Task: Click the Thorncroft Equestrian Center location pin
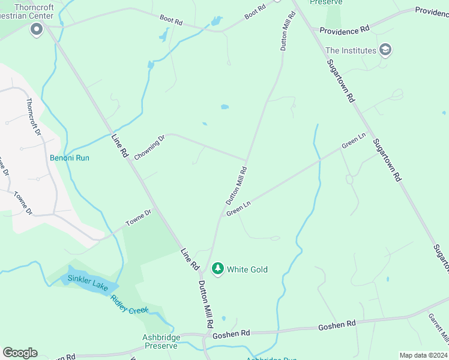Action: coord(37,29)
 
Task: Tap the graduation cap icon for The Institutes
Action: coord(385,50)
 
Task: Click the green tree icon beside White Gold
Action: coord(218,268)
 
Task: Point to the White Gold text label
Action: coord(247,269)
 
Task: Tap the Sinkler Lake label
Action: coord(88,283)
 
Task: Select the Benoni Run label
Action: coord(69,158)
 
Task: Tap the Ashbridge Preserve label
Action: coord(160,341)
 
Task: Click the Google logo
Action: coord(20,352)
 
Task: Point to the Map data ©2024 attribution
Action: coord(423,355)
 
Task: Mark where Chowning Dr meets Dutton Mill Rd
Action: coord(246,160)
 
